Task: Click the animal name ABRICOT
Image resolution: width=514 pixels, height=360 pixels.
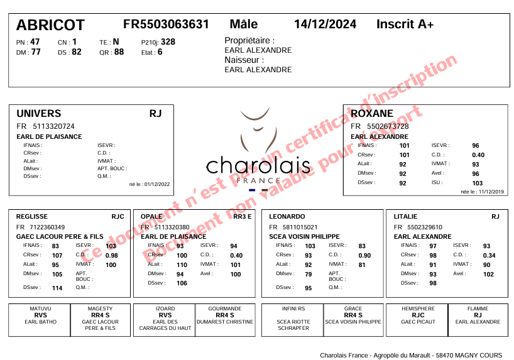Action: (50, 25)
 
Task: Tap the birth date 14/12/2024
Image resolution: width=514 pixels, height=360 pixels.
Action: (325, 25)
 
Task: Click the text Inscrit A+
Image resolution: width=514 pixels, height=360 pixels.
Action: (405, 25)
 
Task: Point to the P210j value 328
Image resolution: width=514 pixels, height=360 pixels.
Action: (168, 42)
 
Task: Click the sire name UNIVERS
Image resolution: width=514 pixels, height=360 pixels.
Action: (39, 114)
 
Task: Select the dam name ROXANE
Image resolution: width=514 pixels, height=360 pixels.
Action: (372, 114)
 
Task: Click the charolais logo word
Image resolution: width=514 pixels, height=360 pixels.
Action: (258, 166)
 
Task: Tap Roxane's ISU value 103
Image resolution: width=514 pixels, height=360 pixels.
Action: (478, 183)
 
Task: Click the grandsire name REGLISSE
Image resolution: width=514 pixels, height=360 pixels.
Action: (32, 216)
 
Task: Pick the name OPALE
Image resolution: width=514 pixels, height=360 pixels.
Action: (151, 216)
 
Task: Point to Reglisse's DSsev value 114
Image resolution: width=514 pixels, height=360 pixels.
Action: (57, 288)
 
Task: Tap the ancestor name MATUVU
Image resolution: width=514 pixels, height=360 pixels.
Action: (40, 309)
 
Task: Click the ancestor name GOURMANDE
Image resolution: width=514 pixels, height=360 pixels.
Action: (224, 309)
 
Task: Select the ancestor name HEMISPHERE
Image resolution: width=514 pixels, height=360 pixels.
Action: (418, 309)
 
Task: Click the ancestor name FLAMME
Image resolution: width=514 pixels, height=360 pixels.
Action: (478, 309)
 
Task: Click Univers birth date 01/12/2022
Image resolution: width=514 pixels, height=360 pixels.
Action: (149, 185)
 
